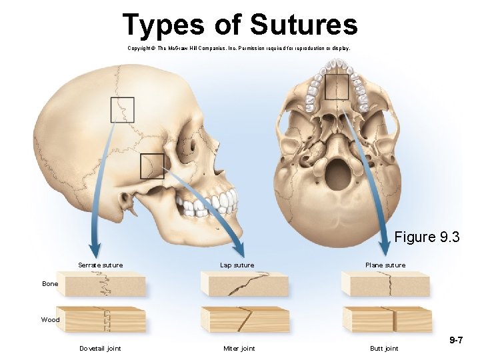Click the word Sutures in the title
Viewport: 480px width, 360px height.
coord(303,25)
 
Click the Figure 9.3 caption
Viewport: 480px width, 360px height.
coord(427,237)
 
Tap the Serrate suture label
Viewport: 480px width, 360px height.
coord(100,265)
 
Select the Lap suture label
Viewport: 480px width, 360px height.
coord(237,265)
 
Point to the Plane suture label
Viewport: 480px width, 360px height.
coord(385,265)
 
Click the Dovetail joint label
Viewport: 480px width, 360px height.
coord(100,348)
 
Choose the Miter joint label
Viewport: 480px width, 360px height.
coord(239,348)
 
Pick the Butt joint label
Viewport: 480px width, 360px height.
coord(384,348)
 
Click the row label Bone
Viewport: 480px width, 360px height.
coord(50,284)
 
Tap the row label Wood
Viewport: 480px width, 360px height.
coord(50,320)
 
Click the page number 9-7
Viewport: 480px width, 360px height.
coord(457,340)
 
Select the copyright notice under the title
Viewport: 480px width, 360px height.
coord(239,49)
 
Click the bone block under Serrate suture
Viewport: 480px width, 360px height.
coord(101,285)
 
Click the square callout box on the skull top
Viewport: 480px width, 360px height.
coord(123,110)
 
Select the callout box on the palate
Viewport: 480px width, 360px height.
coord(336,86)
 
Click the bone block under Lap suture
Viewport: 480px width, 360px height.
coord(244,285)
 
